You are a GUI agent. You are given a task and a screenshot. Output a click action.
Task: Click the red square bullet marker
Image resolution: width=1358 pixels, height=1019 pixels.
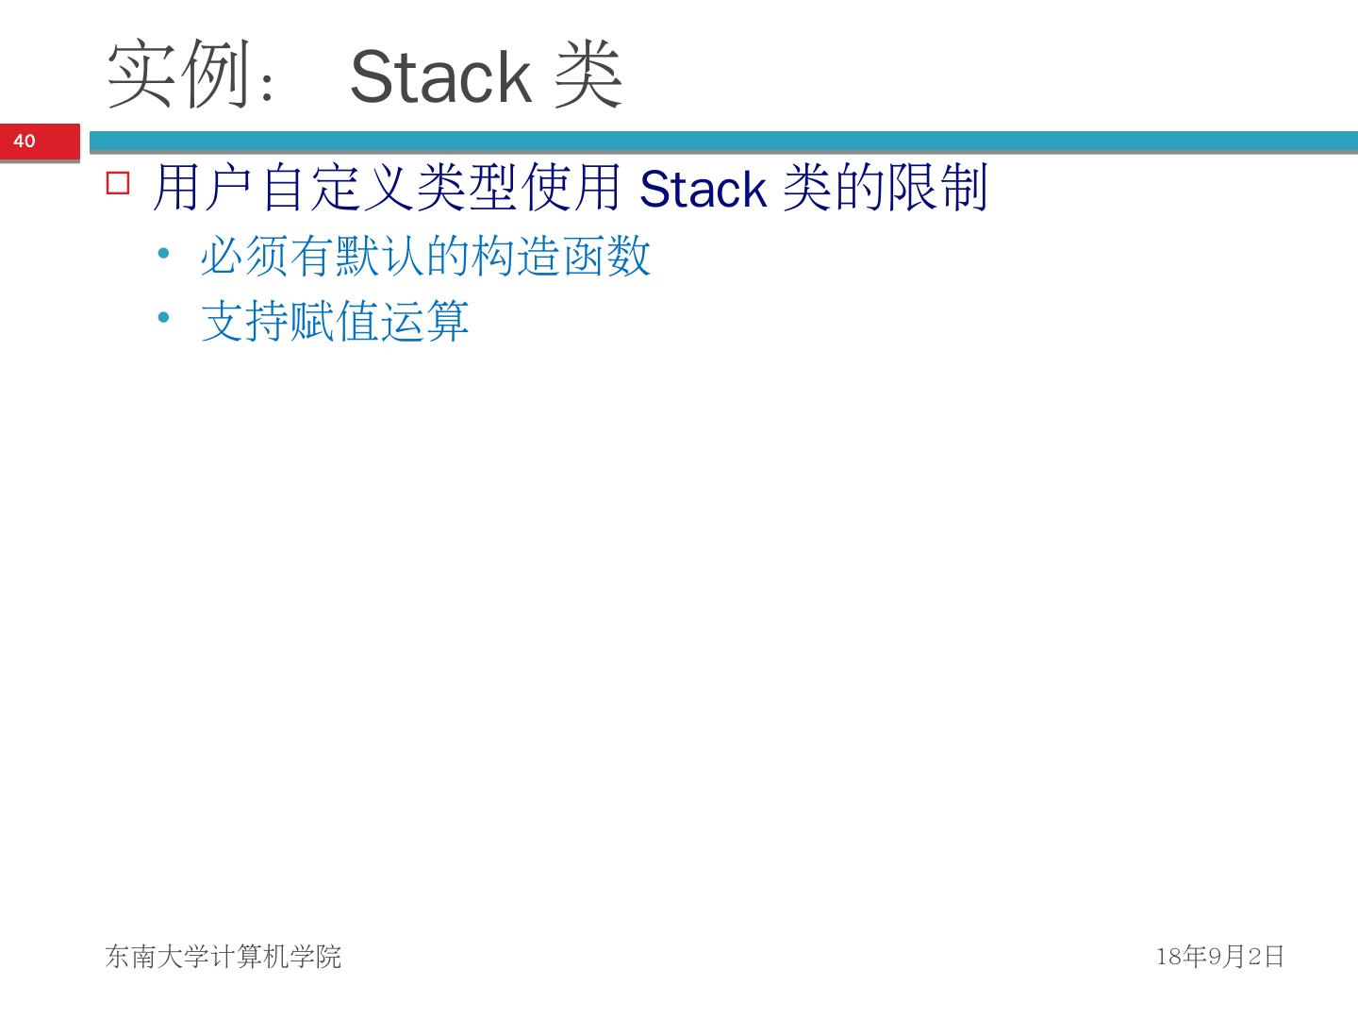point(118,183)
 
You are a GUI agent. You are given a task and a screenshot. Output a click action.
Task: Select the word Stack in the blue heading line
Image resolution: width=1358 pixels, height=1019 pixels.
point(703,189)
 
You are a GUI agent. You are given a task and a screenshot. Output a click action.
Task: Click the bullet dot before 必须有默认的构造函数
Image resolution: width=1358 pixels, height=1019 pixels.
point(164,254)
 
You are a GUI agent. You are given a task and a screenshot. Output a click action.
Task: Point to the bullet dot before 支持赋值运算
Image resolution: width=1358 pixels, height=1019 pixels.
point(164,319)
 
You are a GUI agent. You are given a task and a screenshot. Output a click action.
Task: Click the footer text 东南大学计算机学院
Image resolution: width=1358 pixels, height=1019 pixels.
point(224,957)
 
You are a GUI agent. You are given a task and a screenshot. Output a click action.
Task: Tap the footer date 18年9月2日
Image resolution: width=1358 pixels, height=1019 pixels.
point(1220,957)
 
